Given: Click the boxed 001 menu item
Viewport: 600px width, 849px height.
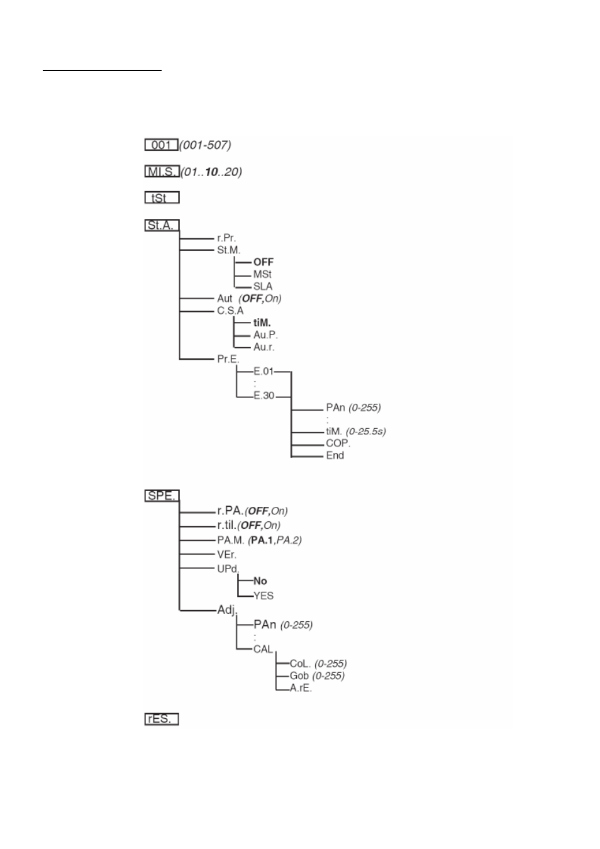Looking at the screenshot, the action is click(162, 145).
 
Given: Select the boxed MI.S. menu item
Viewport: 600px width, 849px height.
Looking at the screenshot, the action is click(162, 172).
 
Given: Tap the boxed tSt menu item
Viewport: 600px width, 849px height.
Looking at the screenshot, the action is click(162, 198).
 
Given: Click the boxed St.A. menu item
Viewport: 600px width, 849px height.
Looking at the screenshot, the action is click(162, 225).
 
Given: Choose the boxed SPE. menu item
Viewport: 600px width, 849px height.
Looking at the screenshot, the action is click(162, 496).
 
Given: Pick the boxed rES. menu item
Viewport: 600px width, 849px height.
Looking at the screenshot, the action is click(162, 719).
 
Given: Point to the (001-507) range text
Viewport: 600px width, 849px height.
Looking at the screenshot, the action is click(206, 145).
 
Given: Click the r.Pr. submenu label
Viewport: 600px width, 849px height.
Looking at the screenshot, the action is click(226, 238).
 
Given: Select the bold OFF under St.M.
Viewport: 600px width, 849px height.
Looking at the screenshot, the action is click(264, 262).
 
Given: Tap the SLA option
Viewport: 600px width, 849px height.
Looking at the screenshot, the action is click(263, 286).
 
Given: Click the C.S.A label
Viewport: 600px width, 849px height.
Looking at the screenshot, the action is click(230, 311).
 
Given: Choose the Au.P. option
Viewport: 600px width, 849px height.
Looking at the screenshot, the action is click(265, 335).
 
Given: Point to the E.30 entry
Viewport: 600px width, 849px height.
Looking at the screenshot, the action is click(264, 396).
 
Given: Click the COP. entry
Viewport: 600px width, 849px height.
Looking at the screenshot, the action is click(338, 443).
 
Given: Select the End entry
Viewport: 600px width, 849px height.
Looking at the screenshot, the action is click(335, 455).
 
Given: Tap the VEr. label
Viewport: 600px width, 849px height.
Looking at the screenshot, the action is click(226, 555).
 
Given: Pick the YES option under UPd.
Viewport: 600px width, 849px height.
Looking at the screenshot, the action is click(264, 596).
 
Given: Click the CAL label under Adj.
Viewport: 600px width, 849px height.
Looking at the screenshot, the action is click(263, 649).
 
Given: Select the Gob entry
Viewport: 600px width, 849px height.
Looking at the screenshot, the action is click(299, 676).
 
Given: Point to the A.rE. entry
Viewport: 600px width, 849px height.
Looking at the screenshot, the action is click(301, 688).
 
